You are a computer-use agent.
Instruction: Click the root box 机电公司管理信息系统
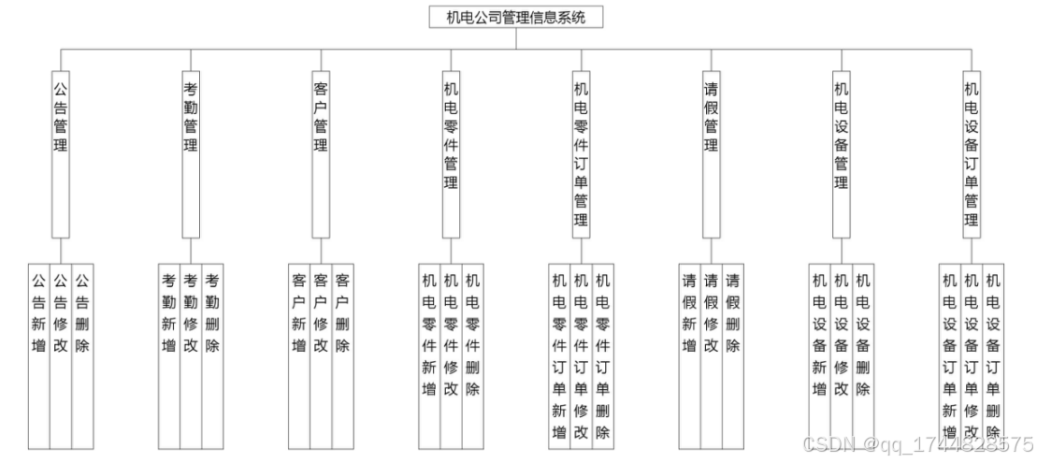click(515, 17)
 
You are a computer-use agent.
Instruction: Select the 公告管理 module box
click(60, 154)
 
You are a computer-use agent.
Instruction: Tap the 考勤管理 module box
click(191, 154)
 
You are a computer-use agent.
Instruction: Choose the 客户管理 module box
click(321, 154)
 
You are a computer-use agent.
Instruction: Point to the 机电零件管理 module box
click(451, 154)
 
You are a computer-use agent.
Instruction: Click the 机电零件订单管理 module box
click(581, 154)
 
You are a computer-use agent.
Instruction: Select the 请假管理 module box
click(711, 154)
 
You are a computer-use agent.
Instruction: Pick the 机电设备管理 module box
click(841, 154)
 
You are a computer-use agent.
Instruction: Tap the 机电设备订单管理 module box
click(971, 154)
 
